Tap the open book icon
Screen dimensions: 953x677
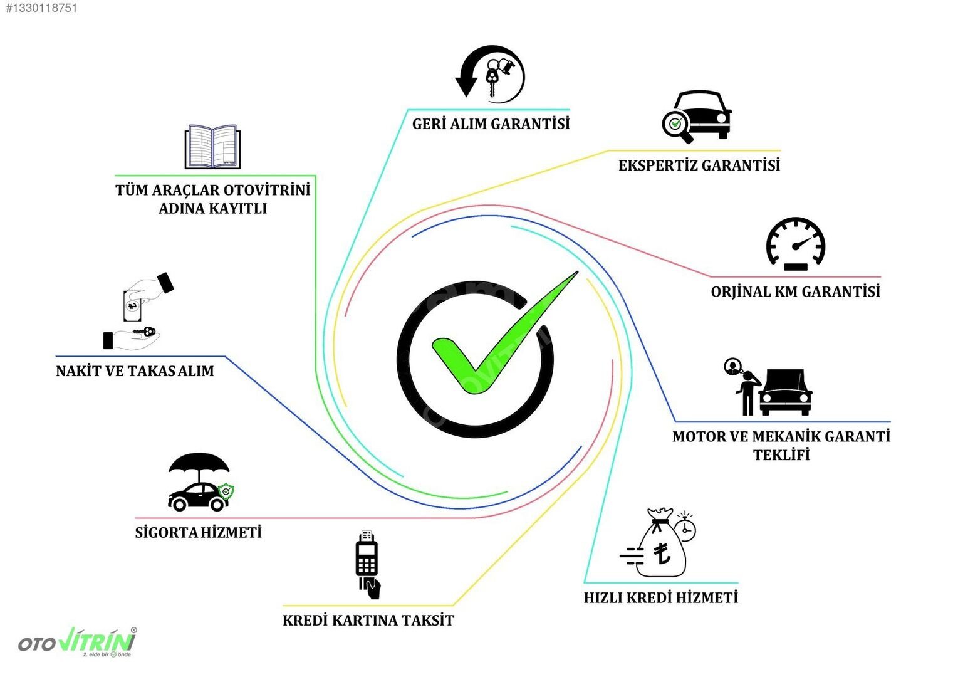coord(212,147)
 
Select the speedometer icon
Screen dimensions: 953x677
coord(796,243)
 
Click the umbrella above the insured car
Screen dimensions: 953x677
coord(199,466)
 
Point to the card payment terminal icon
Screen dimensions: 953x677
coord(367,564)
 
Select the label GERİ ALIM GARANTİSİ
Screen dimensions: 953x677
coord(491,124)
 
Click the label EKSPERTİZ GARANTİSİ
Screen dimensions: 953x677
coord(699,165)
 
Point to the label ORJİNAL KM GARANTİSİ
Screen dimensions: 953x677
coord(795,291)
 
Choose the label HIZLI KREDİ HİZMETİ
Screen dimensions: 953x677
coord(661,597)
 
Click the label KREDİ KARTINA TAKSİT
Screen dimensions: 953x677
coord(368,621)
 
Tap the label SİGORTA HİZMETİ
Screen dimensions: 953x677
coord(198,532)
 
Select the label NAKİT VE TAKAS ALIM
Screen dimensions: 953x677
coord(135,371)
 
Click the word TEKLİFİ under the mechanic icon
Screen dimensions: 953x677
coord(781,455)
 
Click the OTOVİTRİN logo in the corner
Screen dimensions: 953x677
coord(78,642)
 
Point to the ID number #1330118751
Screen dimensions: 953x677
coord(41,8)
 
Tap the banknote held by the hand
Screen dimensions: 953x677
coord(132,305)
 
